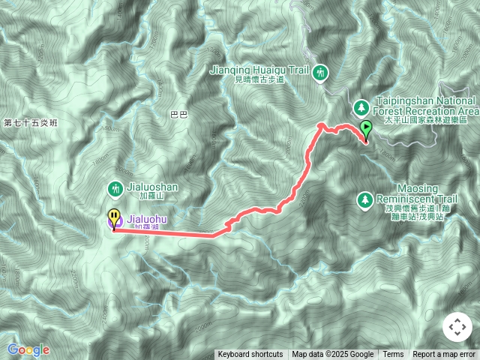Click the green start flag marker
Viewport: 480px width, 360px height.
[366, 129]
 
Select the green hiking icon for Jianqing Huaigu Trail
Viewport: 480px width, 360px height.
[321, 72]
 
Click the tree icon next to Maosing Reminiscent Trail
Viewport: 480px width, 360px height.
[364, 199]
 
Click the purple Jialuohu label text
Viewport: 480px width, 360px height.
[148, 218]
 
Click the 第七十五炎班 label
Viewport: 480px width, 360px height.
[30, 122]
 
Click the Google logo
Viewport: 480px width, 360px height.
[28, 349]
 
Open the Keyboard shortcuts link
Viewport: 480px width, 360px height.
[250, 355]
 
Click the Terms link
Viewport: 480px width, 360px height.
[393, 355]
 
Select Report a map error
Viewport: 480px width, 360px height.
[445, 355]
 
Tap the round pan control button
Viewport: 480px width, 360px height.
[457, 327]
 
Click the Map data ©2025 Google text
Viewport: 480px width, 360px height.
[332, 355]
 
